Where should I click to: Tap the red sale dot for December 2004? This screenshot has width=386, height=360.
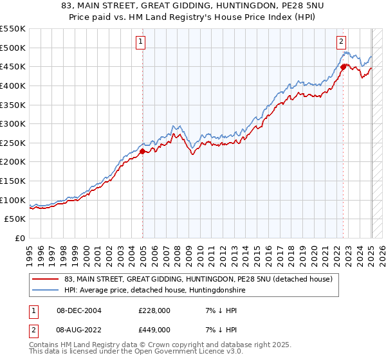click(142, 151)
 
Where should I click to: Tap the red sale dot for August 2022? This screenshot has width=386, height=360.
click(343, 66)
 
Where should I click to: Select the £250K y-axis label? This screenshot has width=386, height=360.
click(14, 143)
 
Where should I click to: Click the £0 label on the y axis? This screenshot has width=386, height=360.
click(20, 238)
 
